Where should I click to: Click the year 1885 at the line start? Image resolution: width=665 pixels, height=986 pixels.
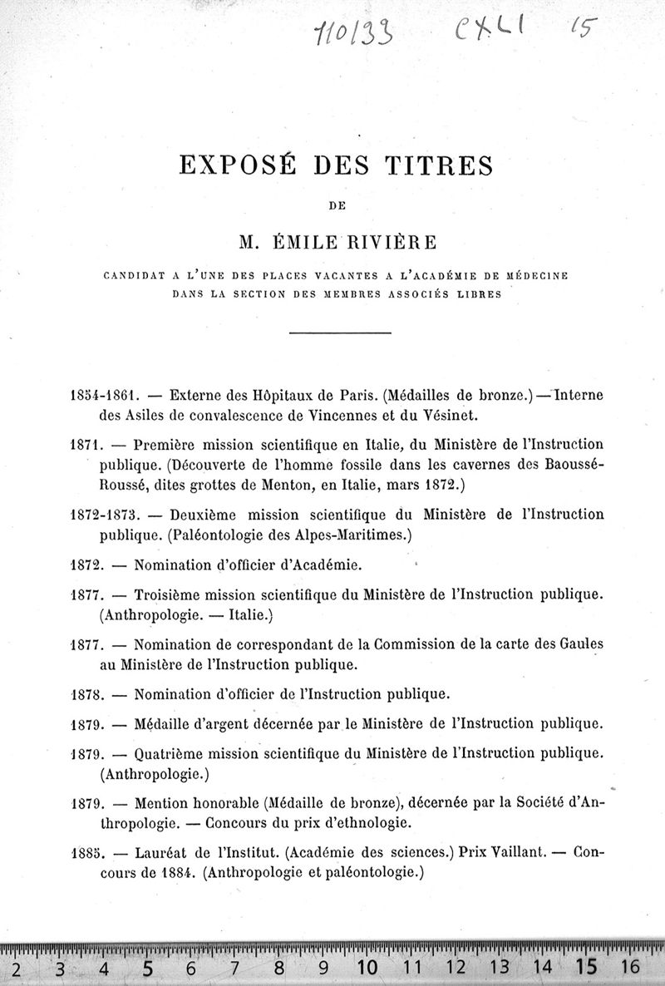[86, 853]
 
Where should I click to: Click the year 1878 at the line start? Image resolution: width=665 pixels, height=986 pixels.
[86, 693]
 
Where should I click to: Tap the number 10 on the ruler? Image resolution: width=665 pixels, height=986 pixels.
[367, 967]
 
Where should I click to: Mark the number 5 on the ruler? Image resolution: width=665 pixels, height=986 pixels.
[148, 967]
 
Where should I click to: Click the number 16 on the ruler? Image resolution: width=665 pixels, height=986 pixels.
[629, 967]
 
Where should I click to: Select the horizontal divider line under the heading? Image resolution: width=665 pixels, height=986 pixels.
[339, 334]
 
